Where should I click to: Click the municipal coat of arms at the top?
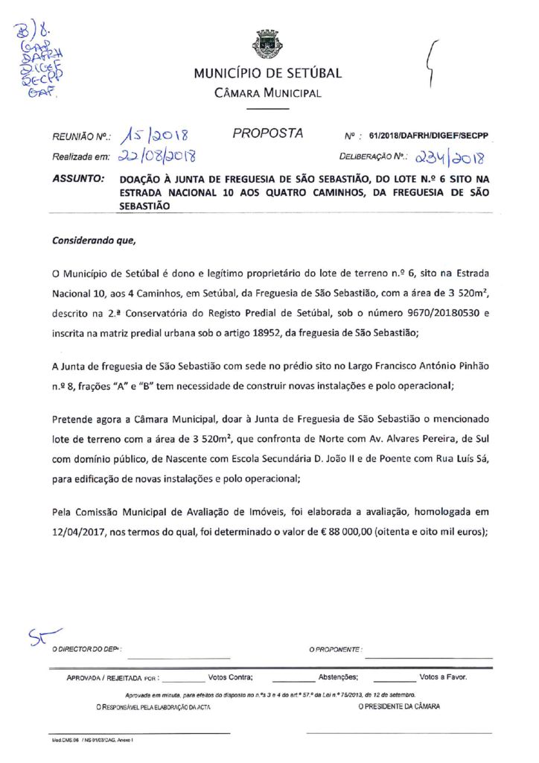point(268,45)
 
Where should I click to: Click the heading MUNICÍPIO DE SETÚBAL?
point(268,74)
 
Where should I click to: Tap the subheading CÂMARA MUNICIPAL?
point(268,93)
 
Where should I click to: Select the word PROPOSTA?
point(268,134)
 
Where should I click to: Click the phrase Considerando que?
point(95,241)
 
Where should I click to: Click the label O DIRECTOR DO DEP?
point(86,650)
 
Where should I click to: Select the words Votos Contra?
point(231,677)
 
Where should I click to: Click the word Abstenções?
point(339,677)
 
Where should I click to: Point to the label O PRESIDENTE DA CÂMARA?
point(399,706)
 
